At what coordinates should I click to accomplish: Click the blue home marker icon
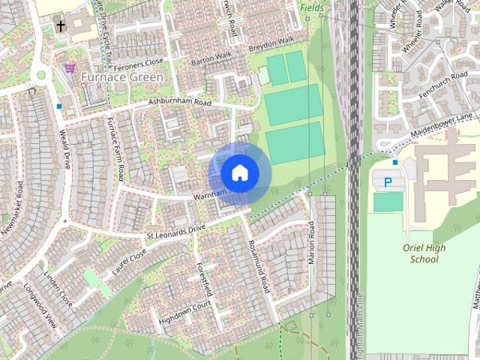click(239, 173)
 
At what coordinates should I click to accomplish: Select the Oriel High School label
click(424, 253)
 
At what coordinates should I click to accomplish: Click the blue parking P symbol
click(388, 182)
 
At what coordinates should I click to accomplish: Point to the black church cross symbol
click(60, 27)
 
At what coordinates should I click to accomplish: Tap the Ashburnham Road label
click(181, 102)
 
